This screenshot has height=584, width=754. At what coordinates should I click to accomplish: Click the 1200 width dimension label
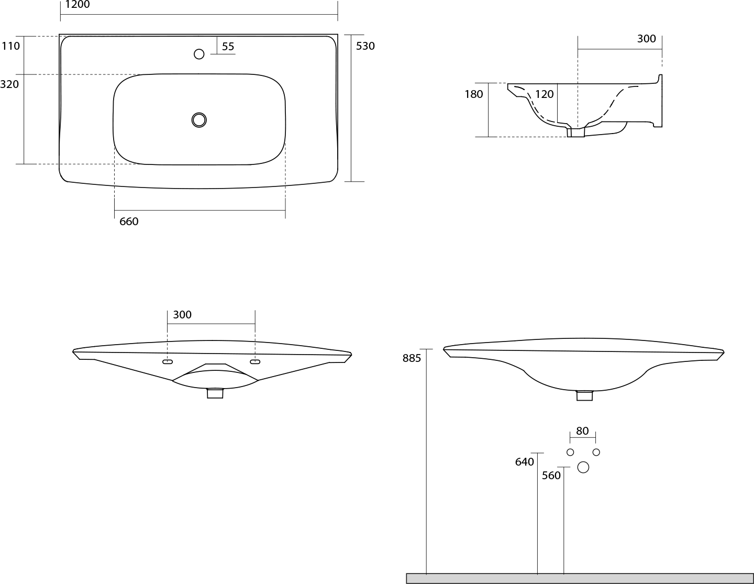click(77, 5)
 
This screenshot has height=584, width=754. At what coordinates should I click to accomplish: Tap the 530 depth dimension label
click(365, 46)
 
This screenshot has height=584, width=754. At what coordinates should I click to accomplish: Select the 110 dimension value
click(11, 46)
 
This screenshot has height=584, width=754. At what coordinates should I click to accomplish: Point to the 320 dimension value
click(9, 84)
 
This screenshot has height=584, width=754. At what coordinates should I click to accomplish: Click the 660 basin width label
click(129, 222)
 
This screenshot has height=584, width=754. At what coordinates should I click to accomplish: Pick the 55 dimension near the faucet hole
click(228, 47)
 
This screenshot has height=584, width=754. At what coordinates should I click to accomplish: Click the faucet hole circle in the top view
click(199, 54)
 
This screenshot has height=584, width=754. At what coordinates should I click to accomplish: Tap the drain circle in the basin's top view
click(199, 120)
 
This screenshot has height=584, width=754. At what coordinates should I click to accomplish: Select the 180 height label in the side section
click(474, 94)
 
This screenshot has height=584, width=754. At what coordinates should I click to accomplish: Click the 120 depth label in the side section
click(544, 94)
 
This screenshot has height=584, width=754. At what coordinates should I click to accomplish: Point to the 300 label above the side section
click(647, 39)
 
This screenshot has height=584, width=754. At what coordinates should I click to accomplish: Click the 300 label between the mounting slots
click(182, 315)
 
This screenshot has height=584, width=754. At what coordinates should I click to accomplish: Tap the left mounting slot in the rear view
click(168, 362)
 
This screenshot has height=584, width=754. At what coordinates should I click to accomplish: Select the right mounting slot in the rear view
click(255, 362)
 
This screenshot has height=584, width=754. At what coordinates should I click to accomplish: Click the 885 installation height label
click(412, 358)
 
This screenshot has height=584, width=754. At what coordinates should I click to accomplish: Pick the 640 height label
click(524, 462)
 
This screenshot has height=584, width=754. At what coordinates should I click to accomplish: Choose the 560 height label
click(551, 476)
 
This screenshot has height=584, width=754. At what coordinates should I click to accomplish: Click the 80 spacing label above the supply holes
click(582, 431)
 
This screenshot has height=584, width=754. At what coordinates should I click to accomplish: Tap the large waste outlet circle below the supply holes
click(583, 467)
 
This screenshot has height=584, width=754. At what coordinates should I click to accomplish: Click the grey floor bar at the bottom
click(580, 578)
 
